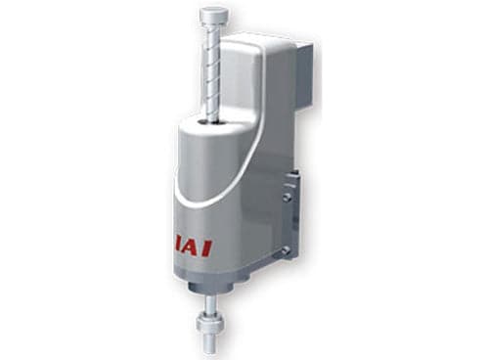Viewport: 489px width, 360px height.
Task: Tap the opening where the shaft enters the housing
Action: (x=211, y=122)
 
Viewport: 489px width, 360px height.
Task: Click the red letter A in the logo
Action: (x=192, y=248)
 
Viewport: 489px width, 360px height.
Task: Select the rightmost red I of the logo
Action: (x=207, y=248)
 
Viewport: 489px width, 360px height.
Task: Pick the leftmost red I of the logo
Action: (x=179, y=247)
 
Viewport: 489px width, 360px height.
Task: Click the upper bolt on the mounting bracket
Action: (x=287, y=197)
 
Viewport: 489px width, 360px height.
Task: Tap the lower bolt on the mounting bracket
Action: (x=286, y=250)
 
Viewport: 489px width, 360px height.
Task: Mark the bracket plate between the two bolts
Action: (x=290, y=224)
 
